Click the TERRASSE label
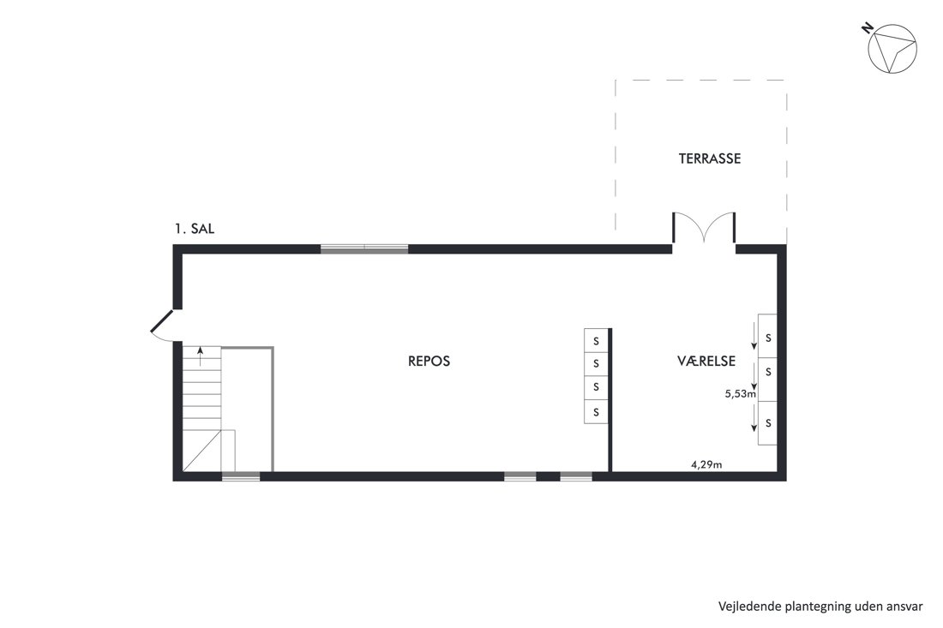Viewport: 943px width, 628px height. pos(710,158)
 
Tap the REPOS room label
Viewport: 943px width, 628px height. pos(429,362)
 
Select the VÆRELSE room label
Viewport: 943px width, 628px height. pos(706,362)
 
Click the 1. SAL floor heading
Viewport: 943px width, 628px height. pos(195,229)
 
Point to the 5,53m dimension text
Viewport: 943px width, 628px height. pos(741,394)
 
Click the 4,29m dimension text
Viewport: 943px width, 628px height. pos(706,464)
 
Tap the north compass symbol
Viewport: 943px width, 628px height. pos(892,48)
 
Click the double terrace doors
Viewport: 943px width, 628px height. pos(704,227)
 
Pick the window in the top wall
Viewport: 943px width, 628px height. pos(364,248)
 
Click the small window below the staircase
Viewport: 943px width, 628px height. pos(241,477)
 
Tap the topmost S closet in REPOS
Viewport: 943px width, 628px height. pos(596,341)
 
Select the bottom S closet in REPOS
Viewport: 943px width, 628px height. pos(596,412)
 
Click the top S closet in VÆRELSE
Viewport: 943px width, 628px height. pos(767,337)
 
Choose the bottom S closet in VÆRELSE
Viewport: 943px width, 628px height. pos(767,423)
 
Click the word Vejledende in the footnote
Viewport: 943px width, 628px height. pos(748,607)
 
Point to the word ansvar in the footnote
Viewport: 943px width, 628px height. pos(905,607)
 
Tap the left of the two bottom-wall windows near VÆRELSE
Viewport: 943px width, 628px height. pos(520,477)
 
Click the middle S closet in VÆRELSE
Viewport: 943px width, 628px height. pos(767,380)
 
